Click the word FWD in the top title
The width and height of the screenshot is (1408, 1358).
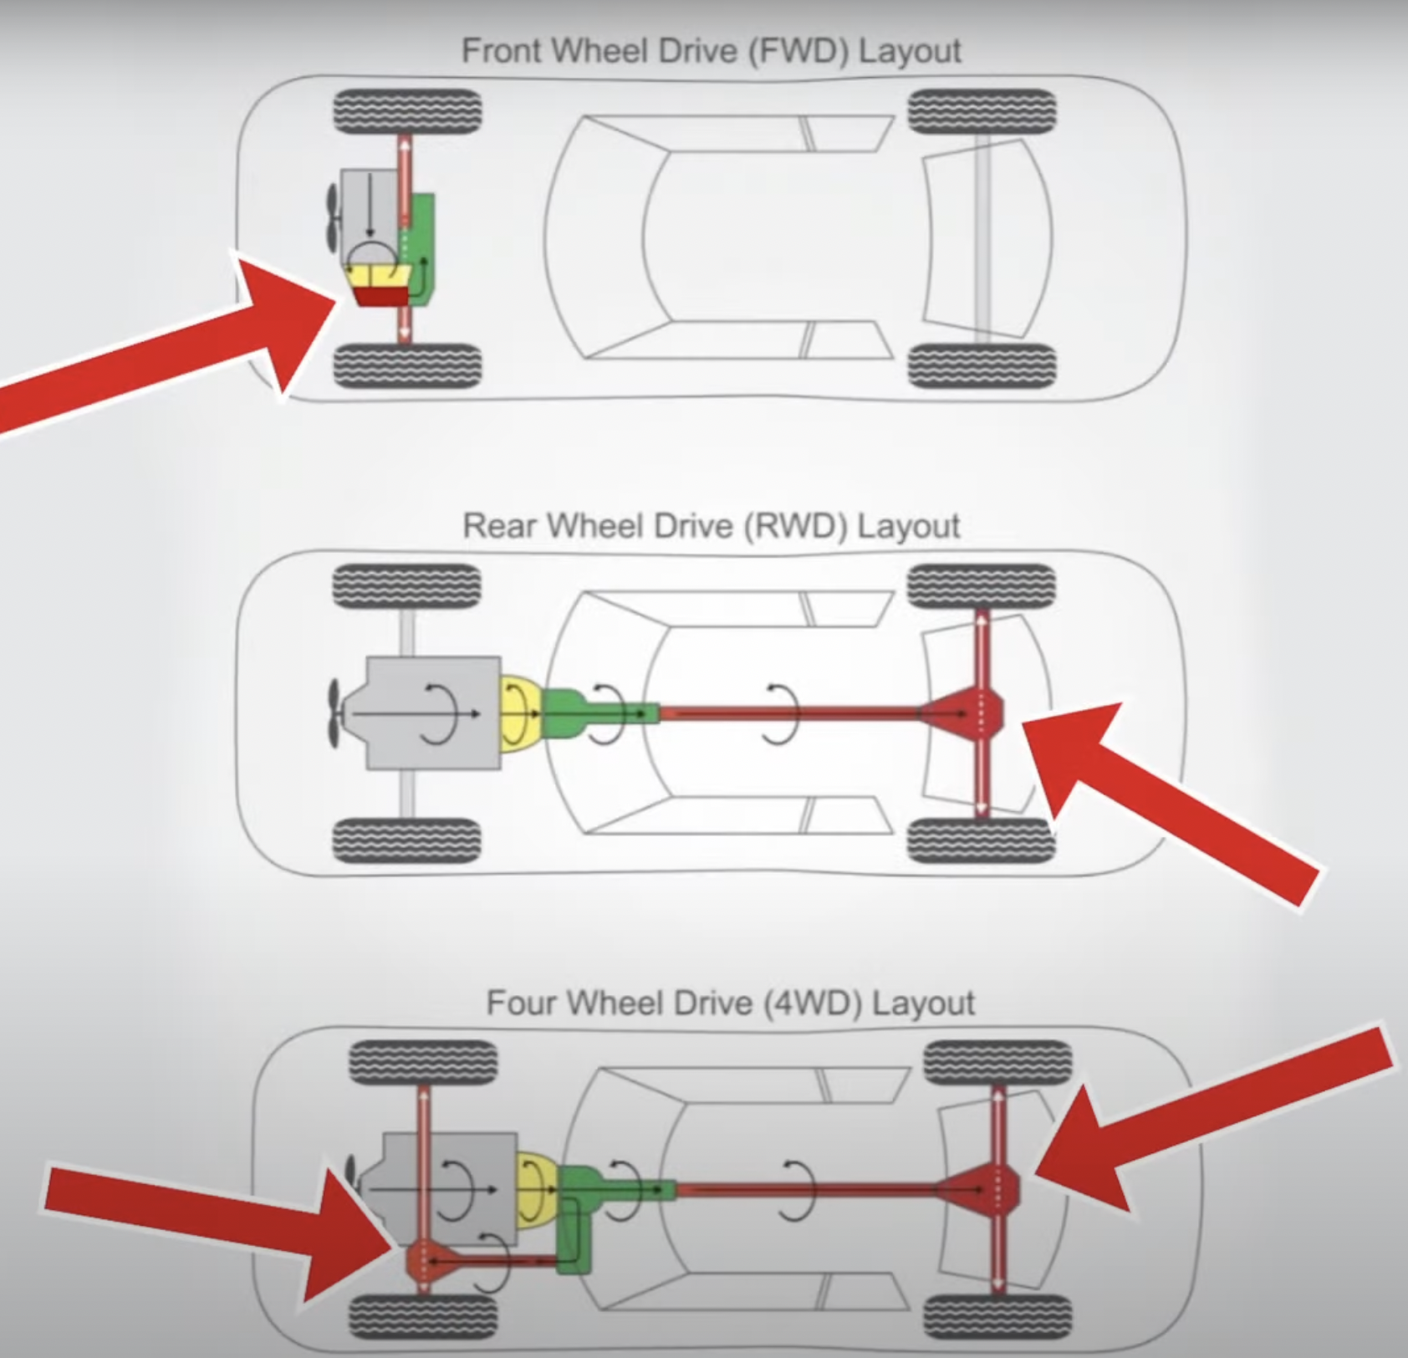click(800, 51)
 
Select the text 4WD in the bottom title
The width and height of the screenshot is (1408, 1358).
click(810, 1003)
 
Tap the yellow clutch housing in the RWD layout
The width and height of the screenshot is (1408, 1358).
click(520, 713)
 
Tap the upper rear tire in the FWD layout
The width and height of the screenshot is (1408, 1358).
click(982, 111)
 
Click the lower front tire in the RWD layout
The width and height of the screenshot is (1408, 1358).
click(407, 840)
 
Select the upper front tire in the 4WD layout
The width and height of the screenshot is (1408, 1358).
click(422, 1064)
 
